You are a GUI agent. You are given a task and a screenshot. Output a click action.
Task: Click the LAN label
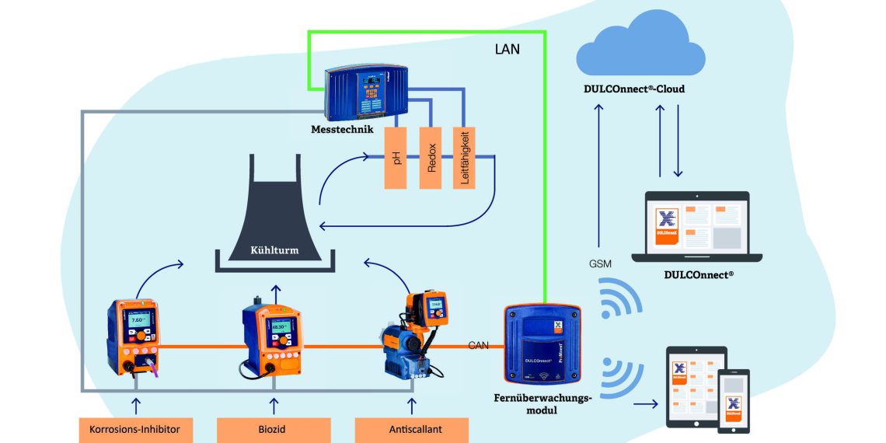(508, 49)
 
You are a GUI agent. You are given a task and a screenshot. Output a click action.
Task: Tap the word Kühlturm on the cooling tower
(274, 251)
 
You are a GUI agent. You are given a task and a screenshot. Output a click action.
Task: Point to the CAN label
(479, 345)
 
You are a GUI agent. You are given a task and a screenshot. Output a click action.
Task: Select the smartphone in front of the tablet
(733, 400)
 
